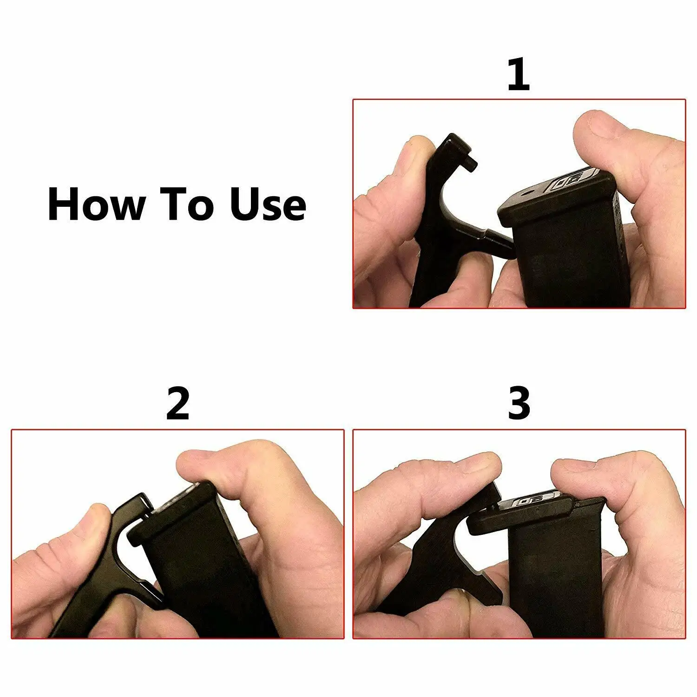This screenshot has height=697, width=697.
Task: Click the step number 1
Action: pos(518,74)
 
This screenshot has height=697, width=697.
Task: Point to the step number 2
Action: pos(178,404)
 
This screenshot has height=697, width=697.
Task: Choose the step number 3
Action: pos(518,404)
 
